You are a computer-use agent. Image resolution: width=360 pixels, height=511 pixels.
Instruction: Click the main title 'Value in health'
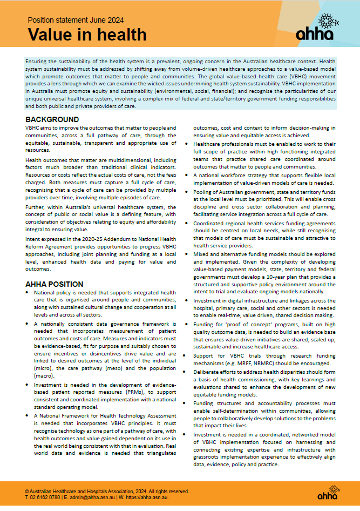[87, 35]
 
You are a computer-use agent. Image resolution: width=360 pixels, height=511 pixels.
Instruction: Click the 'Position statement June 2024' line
[76, 20]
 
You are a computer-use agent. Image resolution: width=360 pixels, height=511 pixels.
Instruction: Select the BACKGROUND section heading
[52, 119]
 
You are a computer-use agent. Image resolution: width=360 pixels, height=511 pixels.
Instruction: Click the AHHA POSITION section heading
[55, 284]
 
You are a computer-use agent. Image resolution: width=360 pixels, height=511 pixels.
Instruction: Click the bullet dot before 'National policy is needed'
[29, 292]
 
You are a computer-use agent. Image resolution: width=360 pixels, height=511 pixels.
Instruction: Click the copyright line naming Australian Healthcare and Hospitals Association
[107, 491]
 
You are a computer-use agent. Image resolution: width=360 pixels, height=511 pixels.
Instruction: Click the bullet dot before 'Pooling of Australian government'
[186, 191]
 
